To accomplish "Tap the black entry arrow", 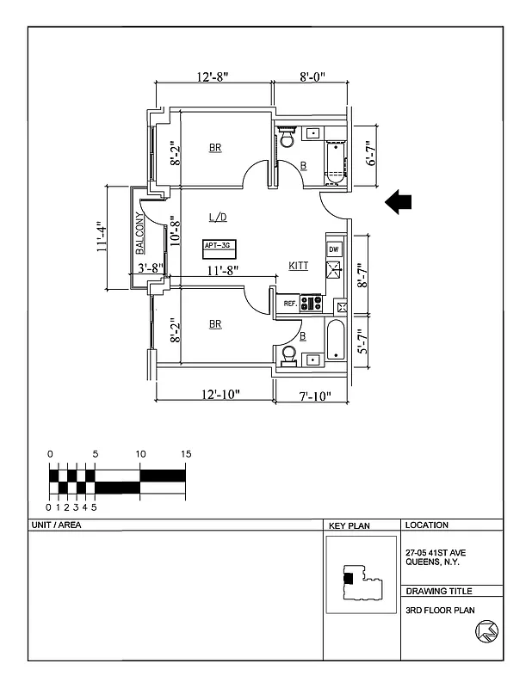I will (x=398, y=201).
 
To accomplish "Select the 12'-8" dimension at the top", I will (x=212, y=77).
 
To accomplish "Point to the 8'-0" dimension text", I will (x=312, y=77).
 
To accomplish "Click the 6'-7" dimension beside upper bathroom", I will (x=372, y=153).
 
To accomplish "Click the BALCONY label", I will (x=139, y=234).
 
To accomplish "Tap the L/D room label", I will (x=218, y=217).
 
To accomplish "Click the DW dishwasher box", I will (x=334, y=249).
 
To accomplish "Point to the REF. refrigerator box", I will (x=290, y=304).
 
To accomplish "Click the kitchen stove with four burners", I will (x=311, y=304).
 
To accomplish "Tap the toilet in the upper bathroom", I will (x=287, y=138).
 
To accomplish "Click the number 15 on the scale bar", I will (x=185, y=454).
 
